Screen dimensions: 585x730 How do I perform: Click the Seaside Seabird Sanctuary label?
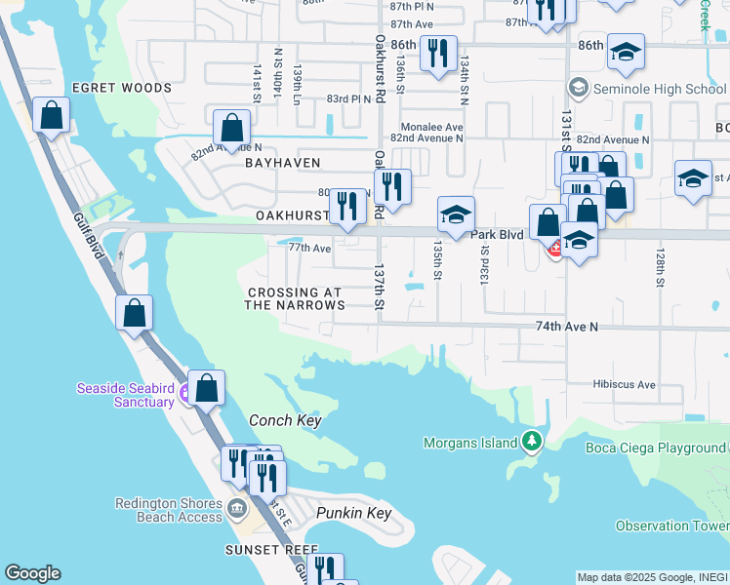[x=125, y=396]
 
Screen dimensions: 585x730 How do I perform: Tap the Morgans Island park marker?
[x=531, y=443]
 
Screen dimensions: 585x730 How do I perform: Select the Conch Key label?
[x=285, y=420]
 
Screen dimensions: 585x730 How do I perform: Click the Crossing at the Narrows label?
[x=295, y=298]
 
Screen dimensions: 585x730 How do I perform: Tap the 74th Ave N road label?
[x=567, y=327]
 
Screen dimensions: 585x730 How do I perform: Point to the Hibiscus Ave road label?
[x=625, y=384]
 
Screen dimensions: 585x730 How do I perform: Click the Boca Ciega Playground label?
[x=655, y=448]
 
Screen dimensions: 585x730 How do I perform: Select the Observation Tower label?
[x=672, y=526]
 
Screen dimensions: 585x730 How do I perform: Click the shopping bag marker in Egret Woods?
[x=51, y=115]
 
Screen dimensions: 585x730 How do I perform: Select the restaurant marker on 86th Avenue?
[x=438, y=52]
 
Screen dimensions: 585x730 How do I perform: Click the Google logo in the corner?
[x=32, y=573]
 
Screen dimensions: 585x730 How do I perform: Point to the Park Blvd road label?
[x=499, y=235]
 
